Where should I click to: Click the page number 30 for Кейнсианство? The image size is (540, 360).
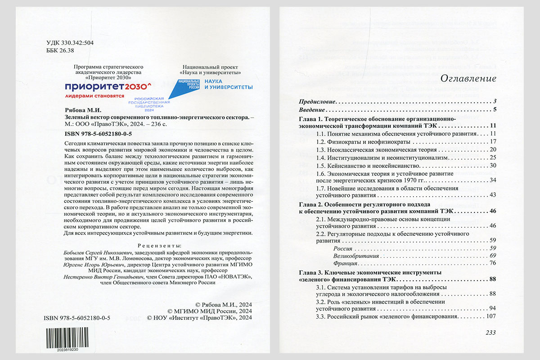(x=492, y=166)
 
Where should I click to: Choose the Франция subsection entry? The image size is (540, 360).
(x=345, y=263)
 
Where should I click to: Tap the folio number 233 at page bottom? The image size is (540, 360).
(x=490, y=333)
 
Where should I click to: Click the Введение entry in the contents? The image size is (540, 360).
(x=312, y=109)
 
